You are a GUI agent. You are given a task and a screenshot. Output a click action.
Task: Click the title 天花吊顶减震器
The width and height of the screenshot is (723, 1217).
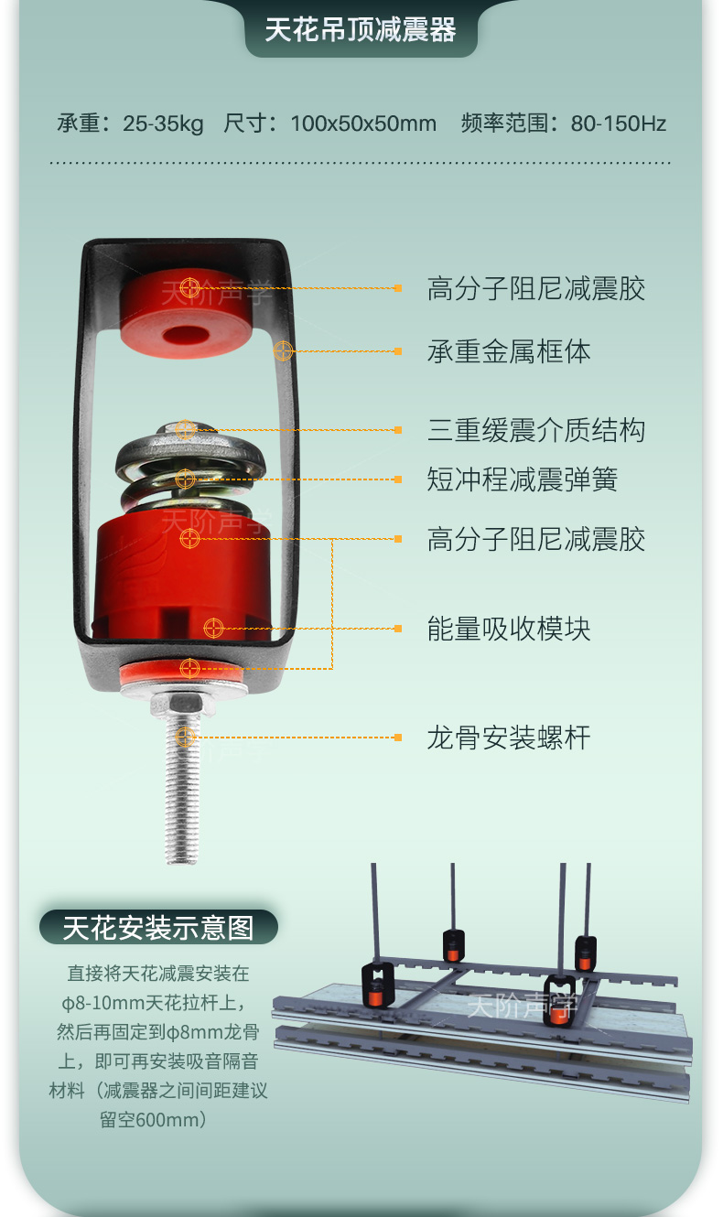tap(361, 29)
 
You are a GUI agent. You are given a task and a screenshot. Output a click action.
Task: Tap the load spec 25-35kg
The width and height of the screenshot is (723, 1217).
tap(163, 124)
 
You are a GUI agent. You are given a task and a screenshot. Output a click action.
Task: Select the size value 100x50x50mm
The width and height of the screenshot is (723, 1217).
tap(363, 124)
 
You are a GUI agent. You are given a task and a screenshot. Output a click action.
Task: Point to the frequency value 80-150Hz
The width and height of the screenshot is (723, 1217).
tap(618, 124)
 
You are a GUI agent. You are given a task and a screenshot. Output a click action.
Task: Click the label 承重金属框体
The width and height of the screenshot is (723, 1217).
tap(509, 351)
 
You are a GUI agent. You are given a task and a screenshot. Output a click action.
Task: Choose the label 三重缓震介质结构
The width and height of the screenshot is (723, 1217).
tap(536, 430)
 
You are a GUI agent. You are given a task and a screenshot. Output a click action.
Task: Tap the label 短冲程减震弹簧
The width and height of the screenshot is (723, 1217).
tap(522, 479)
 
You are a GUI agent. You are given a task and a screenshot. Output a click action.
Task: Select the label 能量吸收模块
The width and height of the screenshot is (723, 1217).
tap(509, 629)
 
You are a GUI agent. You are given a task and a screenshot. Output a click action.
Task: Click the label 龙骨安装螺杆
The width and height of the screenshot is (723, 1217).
tap(509, 738)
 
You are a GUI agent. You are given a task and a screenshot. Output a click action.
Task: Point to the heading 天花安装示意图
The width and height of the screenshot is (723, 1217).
tap(158, 928)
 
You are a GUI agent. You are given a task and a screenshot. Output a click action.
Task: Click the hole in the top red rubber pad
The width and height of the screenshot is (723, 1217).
tap(186, 334)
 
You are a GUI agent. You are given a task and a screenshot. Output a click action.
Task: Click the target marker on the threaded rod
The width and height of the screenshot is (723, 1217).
tap(185, 738)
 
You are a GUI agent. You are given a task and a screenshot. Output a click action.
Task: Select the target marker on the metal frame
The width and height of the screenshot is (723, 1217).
tap(283, 351)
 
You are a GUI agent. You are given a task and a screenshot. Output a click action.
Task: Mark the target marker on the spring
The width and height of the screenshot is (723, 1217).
tap(185, 479)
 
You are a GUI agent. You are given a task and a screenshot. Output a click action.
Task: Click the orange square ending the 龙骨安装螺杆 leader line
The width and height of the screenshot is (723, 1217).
tap(398, 738)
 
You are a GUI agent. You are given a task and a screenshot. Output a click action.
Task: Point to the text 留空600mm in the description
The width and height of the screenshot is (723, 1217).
tap(146, 1120)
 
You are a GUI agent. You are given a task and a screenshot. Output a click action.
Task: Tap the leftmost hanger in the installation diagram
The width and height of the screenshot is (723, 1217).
tap(377, 985)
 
